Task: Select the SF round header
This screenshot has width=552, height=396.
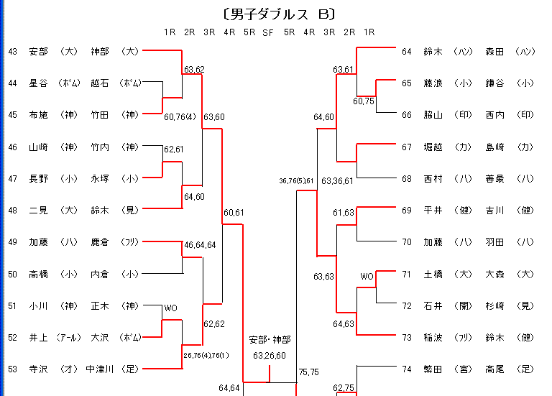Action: pos(268,32)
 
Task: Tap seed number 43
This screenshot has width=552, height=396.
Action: pos(13,52)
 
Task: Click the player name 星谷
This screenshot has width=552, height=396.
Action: pos(38,83)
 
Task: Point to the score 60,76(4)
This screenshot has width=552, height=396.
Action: pos(180,116)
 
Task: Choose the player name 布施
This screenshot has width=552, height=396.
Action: pos(38,115)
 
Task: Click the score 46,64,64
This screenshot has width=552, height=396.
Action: pos(201,245)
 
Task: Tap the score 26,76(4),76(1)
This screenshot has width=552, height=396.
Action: pos(207,355)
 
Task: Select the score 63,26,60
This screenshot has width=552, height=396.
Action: pos(270,355)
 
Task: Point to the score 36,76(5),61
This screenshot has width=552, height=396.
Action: pos(297,181)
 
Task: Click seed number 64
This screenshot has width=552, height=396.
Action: pos(407,52)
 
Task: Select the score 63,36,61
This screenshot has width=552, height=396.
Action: pos(338,181)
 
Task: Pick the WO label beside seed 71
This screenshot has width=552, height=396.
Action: pos(367,276)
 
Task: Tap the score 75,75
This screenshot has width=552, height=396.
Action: pos(308,372)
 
